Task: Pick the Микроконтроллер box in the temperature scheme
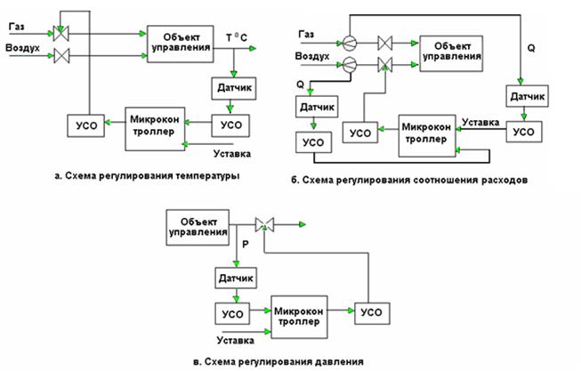[155, 125]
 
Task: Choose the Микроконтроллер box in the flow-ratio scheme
[426, 132]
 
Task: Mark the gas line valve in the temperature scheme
[61, 35]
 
